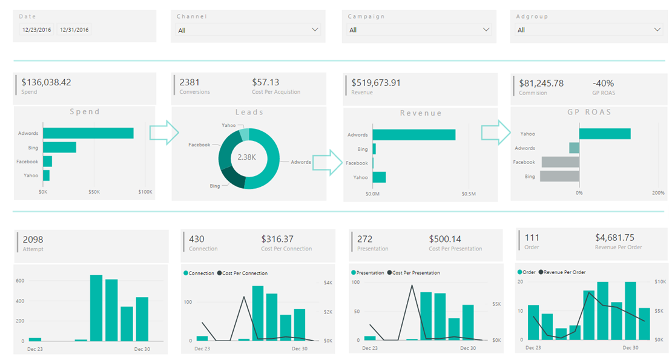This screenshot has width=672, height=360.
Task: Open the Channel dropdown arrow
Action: [x=314, y=30]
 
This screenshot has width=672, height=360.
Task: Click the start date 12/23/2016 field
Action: [x=37, y=30]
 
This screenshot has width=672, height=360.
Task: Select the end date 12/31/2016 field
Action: [x=74, y=30]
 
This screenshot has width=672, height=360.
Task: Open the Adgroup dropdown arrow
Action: [x=658, y=30]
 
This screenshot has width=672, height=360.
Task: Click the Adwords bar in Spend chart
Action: [x=88, y=133]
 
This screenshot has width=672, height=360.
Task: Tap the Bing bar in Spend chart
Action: [x=59, y=147]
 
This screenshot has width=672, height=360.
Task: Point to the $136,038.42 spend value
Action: [x=47, y=82]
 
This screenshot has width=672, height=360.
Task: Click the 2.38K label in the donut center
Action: [x=246, y=157]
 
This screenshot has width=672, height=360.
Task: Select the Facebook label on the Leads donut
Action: [x=199, y=145]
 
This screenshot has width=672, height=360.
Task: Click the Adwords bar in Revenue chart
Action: [x=413, y=135]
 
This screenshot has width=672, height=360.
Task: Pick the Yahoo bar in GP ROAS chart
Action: [x=605, y=134]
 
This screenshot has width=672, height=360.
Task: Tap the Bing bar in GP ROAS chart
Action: [x=560, y=176]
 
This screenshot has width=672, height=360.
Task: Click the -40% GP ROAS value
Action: [x=603, y=83]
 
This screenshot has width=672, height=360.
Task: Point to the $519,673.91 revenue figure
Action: [x=376, y=83]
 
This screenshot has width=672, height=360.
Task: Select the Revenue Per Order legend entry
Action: [x=563, y=272]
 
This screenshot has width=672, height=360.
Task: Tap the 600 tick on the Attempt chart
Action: [x=20, y=281]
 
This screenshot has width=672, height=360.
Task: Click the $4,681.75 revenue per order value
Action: [x=614, y=238]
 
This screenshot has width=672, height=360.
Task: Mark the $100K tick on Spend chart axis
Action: [x=145, y=192]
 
